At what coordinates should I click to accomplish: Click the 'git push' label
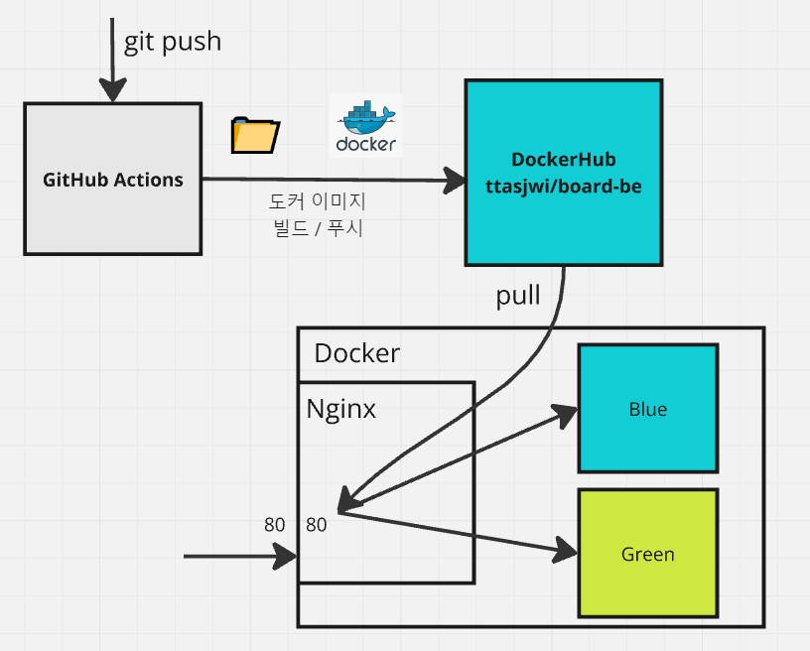click(173, 43)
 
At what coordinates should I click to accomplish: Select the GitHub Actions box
click(112, 179)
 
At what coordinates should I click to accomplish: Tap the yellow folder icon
click(255, 136)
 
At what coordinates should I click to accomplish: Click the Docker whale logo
click(365, 125)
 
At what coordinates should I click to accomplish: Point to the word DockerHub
click(564, 160)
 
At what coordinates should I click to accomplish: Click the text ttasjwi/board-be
click(564, 187)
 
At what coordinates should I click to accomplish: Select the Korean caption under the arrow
click(318, 214)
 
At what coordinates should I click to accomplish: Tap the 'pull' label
click(517, 297)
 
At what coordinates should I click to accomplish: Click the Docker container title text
click(357, 353)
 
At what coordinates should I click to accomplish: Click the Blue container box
click(648, 408)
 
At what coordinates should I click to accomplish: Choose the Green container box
click(648, 553)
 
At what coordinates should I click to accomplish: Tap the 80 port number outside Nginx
click(274, 525)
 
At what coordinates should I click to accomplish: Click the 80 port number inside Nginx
click(316, 525)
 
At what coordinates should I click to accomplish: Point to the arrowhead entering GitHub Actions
click(112, 90)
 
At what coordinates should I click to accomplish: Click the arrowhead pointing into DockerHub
click(455, 181)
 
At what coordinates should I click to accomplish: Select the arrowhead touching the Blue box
click(565, 415)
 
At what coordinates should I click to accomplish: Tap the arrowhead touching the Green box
click(565, 550)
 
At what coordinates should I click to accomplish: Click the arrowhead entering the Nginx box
click(285, 557)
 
